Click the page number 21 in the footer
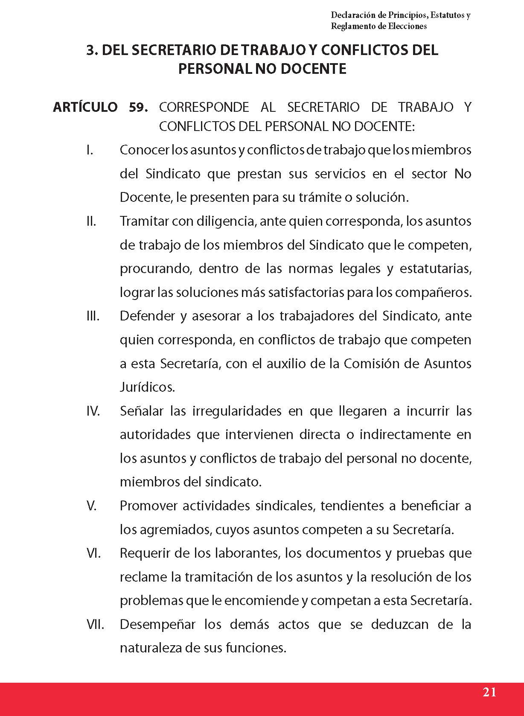pyautogui.click(x=489, y=692)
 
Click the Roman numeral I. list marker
pyautogui.click(x=90, y=150)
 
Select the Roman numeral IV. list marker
pyautogui.click(x=93, y=411)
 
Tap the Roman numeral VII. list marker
pyautogui.click(x=95, y=624)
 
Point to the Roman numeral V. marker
pyautogui.click(x=91, y=506)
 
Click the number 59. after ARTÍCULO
pyautogui.click(x=138, y=107)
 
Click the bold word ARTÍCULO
pyautogui.click(x=85, y=107)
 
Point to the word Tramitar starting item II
pyautogui.click(x=144, y=221)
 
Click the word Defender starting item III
pyautogui.click(x=147, y=316)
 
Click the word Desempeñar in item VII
pyautogui.click(x=158, y=624)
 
